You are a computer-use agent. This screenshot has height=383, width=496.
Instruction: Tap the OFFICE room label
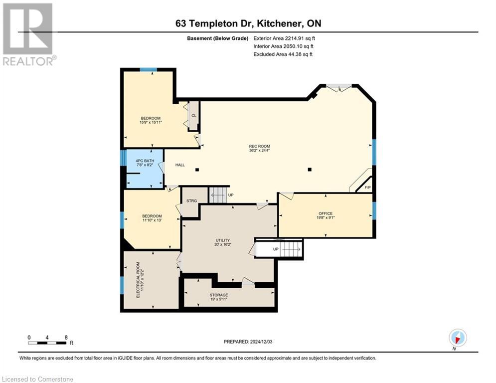[x=326, y=213]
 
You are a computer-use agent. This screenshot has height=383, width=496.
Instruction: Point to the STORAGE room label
[x=218, y=295]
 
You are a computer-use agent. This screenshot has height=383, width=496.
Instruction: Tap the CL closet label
[x=194, y=116]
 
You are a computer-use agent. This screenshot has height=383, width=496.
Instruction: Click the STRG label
[x=191, y=200]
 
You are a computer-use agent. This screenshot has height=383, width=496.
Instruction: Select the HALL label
[x=180, y=165]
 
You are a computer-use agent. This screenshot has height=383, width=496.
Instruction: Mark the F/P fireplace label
[x=367, y=188]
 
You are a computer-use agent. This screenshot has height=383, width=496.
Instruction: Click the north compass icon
[x=457, y=338]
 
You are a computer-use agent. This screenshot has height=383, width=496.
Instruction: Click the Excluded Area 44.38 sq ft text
[x=283, y=54]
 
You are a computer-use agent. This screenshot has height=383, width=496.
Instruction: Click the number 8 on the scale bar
[x=66, y=337]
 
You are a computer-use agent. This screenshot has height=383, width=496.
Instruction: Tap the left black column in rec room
[x=197, y=170]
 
